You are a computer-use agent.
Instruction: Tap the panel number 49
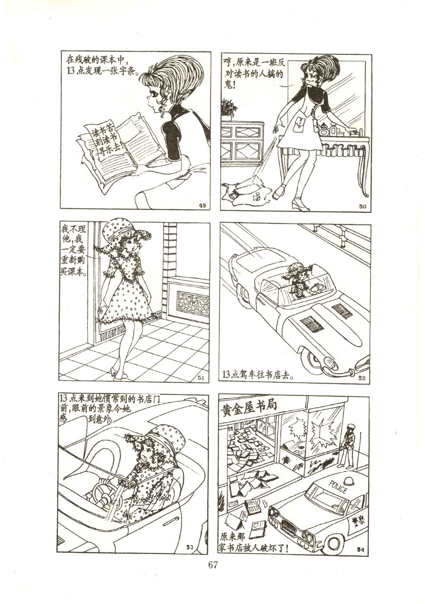[202, 206]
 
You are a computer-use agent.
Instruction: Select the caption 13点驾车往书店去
[258, 375]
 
